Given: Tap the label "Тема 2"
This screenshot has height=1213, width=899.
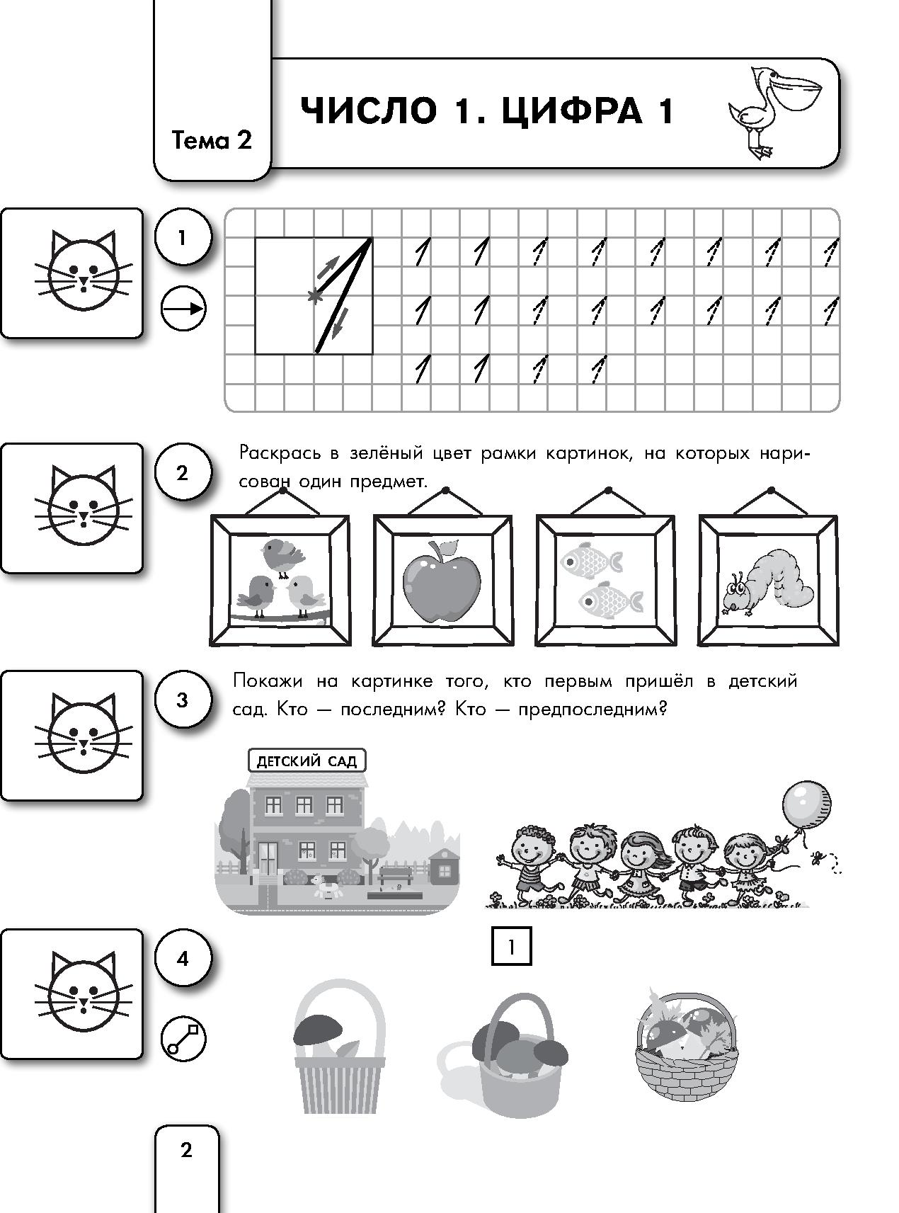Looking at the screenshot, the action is pyautogui.click(x=212, y=140).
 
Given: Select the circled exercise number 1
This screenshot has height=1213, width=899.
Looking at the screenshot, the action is pyautogui.click(x=182, y=237).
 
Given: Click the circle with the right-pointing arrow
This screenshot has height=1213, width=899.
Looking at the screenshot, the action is pyautogui.click(x=183, y=309).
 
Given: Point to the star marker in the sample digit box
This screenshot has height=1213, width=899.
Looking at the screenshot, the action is pyautogui.click(x=312, y=297).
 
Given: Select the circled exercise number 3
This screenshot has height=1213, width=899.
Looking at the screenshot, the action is pyautogui.click(x=182, y=700).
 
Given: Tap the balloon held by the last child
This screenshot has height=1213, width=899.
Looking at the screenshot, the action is pyautogui.click(x=806, y=804).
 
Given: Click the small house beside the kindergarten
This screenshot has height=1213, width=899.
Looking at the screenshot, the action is pyautogui.click(x=444, y=865).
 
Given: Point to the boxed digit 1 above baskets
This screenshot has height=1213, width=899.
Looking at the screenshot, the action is pyautogui.click(x=511, y=947).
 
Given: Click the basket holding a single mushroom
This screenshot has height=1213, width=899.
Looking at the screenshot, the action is pyautogui.click(x=338, y=1055).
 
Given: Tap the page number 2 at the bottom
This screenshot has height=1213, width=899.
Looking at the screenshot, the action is pyautogui.click(x=186, y=1150).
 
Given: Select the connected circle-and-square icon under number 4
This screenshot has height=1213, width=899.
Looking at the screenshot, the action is pyautogui.click(x=183, y=1039).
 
